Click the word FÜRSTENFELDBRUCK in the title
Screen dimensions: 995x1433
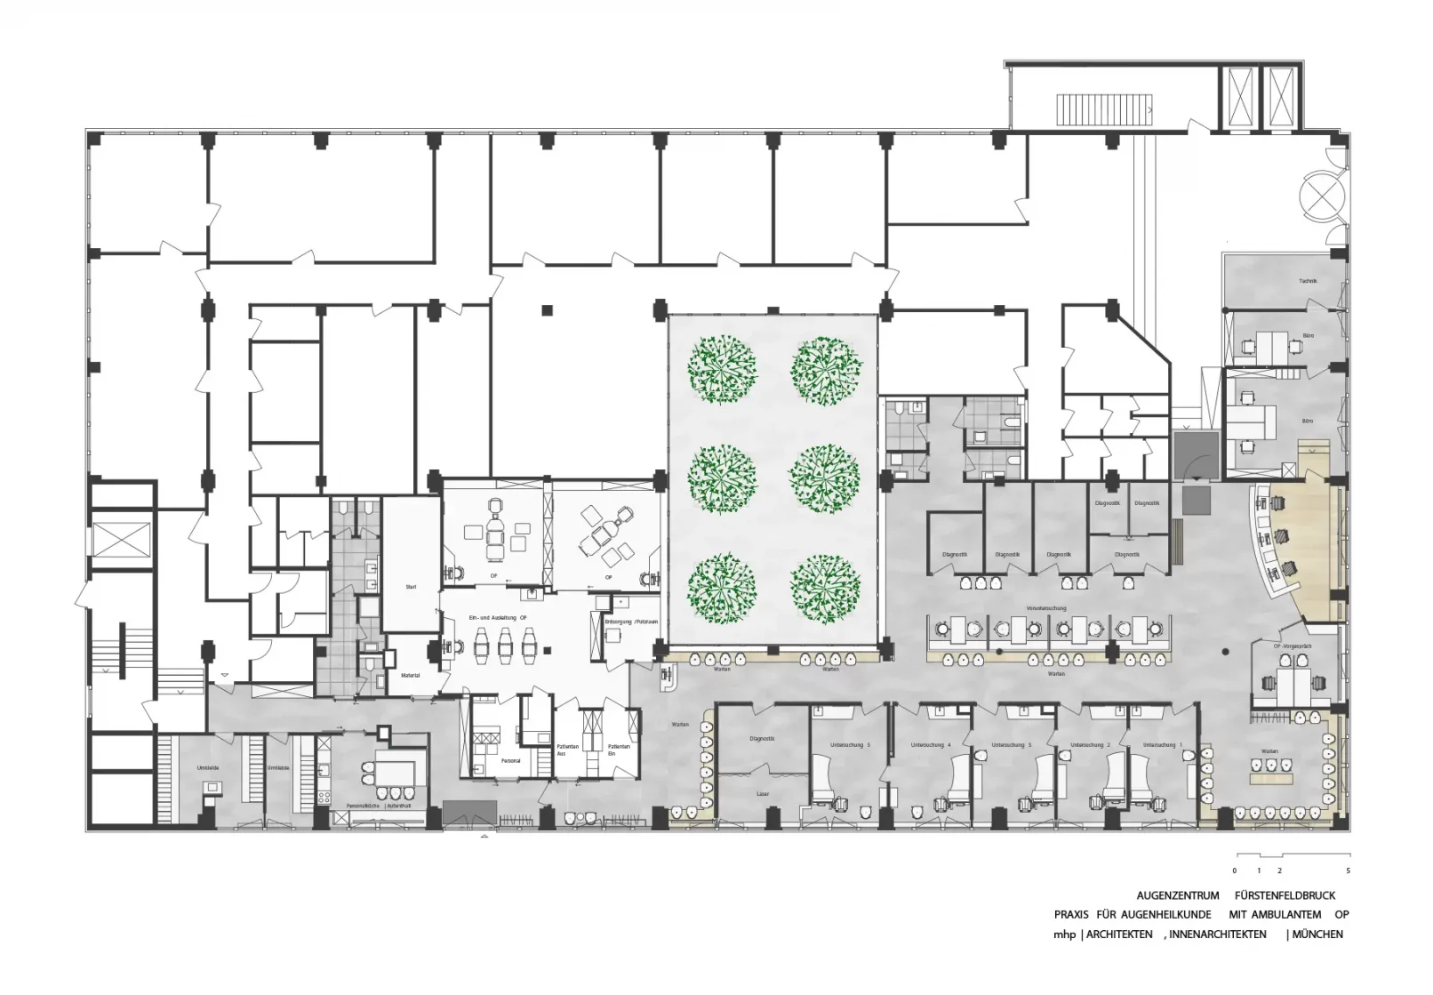click(x=1285, y=895)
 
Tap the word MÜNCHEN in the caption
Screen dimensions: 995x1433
click(x=1318, y=934)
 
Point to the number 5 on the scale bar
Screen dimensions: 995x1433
click(x=1348, y=871)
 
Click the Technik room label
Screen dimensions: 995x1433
click(x=1307, y=281)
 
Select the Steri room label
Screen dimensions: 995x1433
click(x=411, y=587)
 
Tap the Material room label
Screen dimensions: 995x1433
click(x=410, y=675)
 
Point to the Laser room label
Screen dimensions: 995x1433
click(x=762, y=793)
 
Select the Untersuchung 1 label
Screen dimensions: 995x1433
click(x=1163, y=744)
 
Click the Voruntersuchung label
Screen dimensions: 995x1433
click(x=1045, y=608)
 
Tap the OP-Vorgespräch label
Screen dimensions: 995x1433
click(x=1293, y=646)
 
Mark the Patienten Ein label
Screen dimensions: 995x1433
click(x=619, y=750)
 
